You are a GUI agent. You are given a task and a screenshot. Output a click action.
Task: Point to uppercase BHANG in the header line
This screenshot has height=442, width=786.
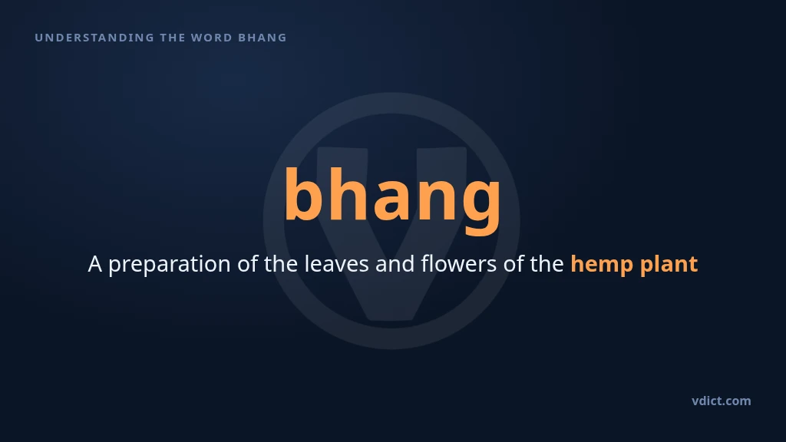(x=263, y=38)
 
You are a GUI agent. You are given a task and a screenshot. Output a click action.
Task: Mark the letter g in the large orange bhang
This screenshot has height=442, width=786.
(x=481, y=206)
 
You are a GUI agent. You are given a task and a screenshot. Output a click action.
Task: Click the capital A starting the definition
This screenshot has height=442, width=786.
(x=95, y=264)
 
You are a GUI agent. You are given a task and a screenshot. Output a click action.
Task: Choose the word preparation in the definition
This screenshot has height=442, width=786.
(x=170, y=265)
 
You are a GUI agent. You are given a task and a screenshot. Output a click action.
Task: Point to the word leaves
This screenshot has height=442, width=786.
(x=337, y=264)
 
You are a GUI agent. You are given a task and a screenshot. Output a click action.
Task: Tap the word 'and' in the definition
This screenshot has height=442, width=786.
(x=395, y=264)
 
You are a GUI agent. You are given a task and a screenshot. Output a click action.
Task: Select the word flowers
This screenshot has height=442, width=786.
(x=459, y=264)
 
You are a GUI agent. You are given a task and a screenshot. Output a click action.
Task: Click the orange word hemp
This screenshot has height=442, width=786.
(x=602, y=265)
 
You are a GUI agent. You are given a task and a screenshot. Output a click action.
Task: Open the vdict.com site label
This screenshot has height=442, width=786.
(x=722, y=401)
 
